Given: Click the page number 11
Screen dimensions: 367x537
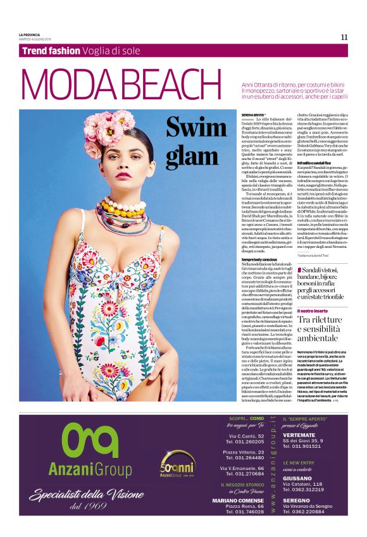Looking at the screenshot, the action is [x=344, y=37].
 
